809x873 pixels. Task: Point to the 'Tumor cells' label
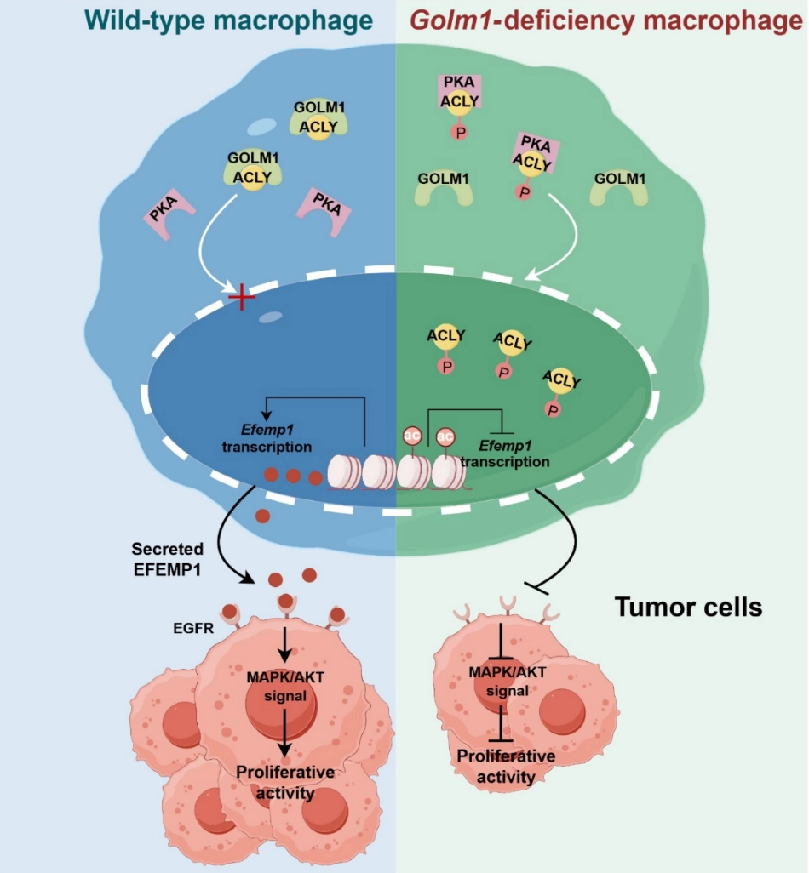[688, 608]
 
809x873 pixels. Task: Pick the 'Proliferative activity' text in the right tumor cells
[506, 766]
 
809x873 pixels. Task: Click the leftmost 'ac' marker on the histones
[412, 436]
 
